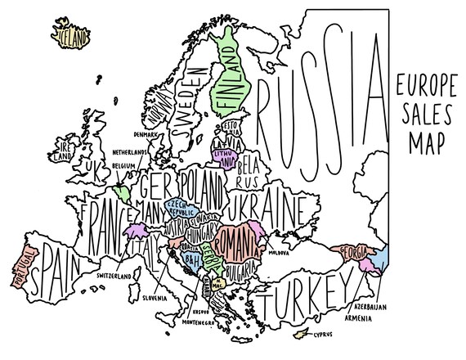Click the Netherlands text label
(x=130, y=152)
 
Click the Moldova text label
(x=291, y=242)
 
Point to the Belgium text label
(x=124, y=166)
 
